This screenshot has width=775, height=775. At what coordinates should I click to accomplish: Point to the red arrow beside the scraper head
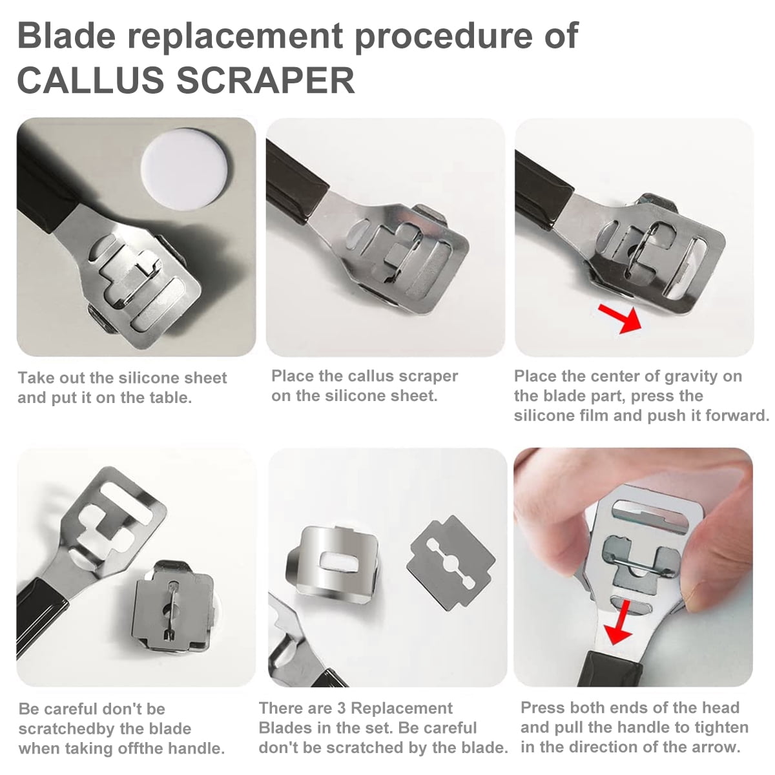coord(620,318)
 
